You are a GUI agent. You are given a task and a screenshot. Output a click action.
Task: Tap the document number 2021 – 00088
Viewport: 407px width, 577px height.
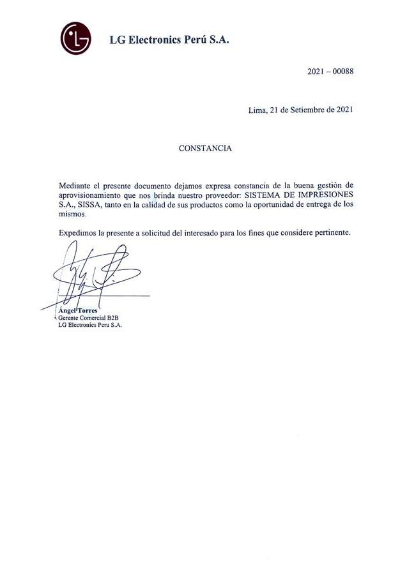[x=330, y=71]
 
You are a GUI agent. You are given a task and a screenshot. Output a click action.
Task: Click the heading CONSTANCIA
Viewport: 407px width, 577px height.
[x=205, y=148]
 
